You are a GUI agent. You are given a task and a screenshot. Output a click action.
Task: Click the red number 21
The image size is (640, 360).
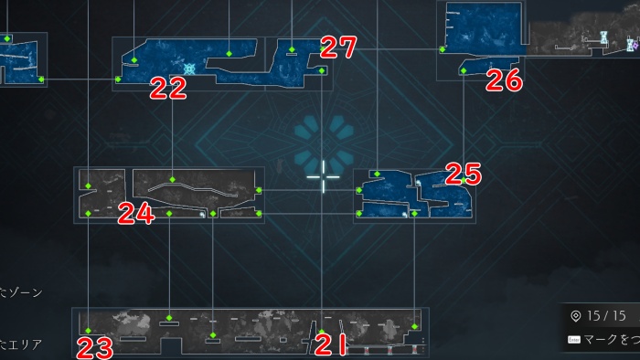330,345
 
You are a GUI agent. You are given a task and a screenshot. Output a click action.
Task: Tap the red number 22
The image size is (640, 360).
168,88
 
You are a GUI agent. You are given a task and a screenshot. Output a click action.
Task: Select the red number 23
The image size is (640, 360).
94,347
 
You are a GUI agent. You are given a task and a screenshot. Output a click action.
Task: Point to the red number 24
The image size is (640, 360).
136,214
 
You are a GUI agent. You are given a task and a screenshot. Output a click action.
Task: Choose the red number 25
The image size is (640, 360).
463,173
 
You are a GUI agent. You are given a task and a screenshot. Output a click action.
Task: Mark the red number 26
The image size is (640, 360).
504,80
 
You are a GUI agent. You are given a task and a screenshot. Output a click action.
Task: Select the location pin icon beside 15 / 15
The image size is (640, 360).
575,316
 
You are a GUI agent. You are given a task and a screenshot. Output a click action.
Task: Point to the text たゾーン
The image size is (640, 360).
21,292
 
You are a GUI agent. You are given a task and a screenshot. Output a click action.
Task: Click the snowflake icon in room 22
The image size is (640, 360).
189,69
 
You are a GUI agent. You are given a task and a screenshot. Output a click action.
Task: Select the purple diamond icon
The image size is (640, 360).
632,43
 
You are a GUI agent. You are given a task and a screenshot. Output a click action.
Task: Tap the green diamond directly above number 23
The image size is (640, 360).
89,330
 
